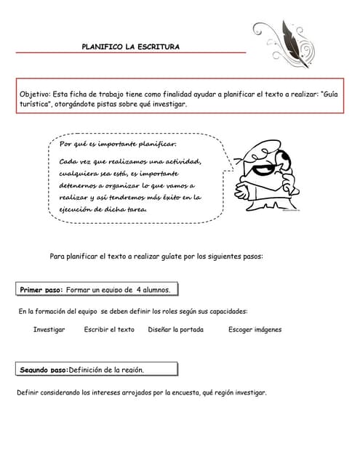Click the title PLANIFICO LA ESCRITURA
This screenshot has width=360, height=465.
(x=131, y=46)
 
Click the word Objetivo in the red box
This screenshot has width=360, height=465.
(x=34, y=94)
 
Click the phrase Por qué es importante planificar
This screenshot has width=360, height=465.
(x=118, y=143)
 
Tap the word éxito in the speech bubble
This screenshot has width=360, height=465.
(x=168, y=198)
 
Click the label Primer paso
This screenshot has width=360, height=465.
(x=41, y=290)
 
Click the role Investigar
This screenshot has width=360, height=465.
(x=49, y=330)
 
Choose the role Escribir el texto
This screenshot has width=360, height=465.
(x=109, y=330)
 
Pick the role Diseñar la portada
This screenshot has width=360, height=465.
(x=175, y=330)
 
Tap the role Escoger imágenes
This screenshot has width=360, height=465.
(x=255, y=330)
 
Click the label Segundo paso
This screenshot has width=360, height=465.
(x=44, y=370)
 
